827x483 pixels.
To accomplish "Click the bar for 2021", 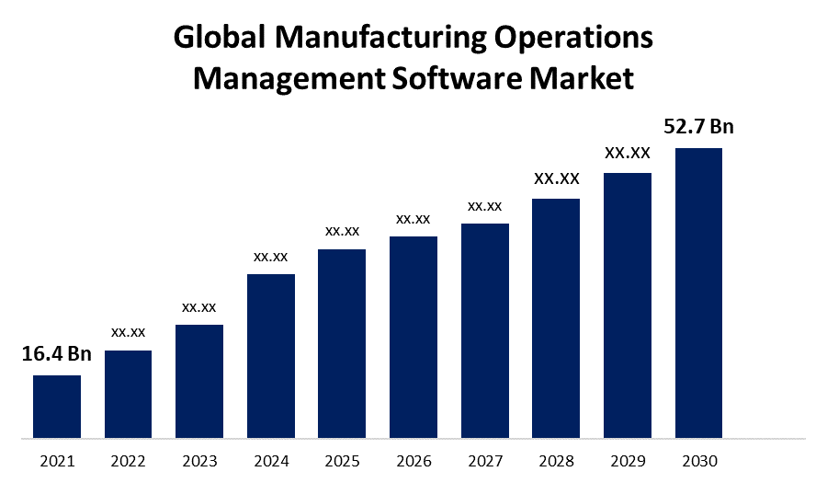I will pyautogui.click(x=57, y=406).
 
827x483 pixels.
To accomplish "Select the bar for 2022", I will pyautogui.click(x=128, y=393).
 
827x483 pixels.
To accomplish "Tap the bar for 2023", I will pyautogui.click(x=199, y=380).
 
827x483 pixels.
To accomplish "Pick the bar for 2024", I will pyautogui.click(x=271, y=355).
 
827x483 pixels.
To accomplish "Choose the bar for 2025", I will pyautogui.click(x=342, y=342).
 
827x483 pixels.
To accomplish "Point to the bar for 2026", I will pyautogui.click(x=413, y=336).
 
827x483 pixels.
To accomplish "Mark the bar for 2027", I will pyautogui.click(x=485, y=329).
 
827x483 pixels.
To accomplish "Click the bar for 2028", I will pyautogui.click(x=556, y=317).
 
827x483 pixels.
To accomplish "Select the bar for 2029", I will pyautogui.click(x=628, y=305).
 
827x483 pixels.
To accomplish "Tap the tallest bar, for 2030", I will pyautogui.click(x=698, y=293).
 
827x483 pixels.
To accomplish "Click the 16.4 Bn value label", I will pyautogui.click(x=57, y=354).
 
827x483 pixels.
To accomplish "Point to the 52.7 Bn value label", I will pyautogui.click(x=699, y=127).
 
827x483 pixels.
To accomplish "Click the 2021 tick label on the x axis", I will pyautogui.click(x=57, y=460).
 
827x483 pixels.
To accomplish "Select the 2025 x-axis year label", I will pyautogui.click(x=342, y=460).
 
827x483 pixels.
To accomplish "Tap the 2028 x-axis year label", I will pyautogui.click(x=556, y=460).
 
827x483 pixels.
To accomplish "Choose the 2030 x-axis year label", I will pyautogui.click(x=698, y=460).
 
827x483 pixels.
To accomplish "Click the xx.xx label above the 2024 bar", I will pyautogui.click(x=271, y=257).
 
